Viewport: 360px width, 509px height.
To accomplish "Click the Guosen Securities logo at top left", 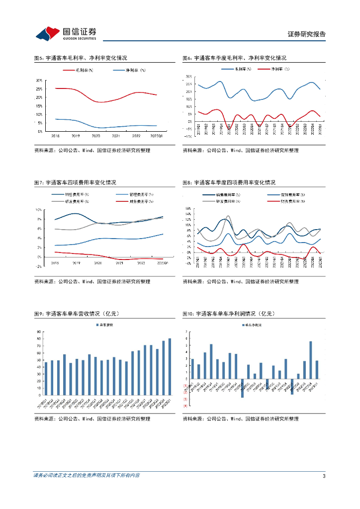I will [x=65, y=33].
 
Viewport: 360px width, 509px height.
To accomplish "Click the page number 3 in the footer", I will [x=324, y=476].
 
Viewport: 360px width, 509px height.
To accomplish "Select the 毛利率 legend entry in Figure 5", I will [x=80, y=70].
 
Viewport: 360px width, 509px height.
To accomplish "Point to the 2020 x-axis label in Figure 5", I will [x=95, y=136].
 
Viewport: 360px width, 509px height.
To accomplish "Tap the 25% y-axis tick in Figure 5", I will [x=39, y=88].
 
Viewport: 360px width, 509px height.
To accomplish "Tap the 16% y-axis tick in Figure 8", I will [x=188, y=209].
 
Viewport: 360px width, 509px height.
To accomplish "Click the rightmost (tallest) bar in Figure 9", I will [x=170, y=367].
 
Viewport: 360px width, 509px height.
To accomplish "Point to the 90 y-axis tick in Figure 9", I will [x=39, y=332].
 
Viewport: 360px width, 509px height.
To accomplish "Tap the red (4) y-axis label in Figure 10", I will [x=185, y=406].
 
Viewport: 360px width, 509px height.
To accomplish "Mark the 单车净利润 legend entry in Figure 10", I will [x=254, y=325].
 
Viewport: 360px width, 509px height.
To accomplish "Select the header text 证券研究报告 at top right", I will [x=307, y=34].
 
